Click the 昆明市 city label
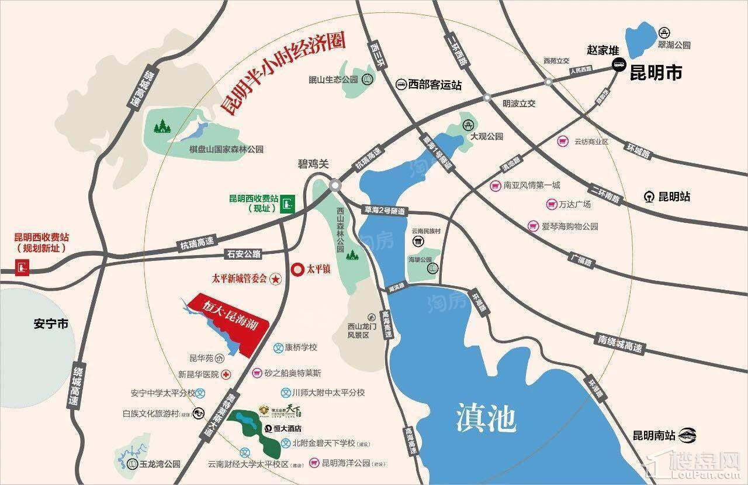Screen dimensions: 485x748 [656, 73]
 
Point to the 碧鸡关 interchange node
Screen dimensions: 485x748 [334, 185]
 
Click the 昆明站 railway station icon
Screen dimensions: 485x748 [649, 197]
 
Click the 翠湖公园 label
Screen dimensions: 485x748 [674, 44]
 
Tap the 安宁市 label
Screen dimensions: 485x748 [51, 324]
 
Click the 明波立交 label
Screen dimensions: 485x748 [519, 104]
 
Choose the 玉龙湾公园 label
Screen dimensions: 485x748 [160, 465]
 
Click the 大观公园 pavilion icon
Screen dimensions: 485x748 [468, 125]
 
